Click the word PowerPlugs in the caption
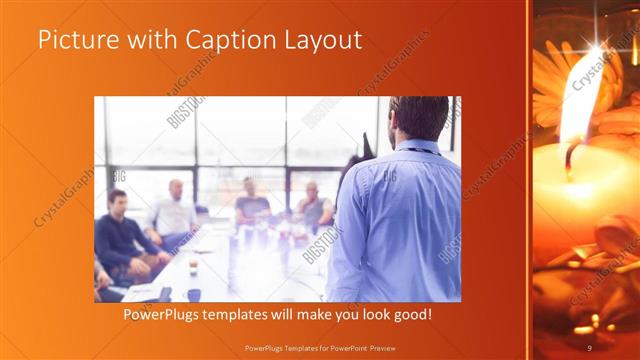click(162, 315)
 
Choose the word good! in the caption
click(409, 315)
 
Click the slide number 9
click(589, 347)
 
